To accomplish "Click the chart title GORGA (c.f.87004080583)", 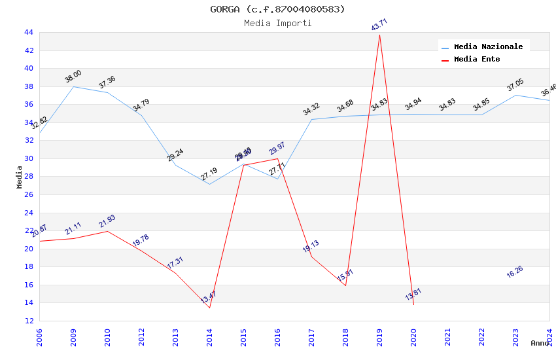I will click(x=277, y=9).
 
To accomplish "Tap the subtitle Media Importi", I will click(x=277, y=24).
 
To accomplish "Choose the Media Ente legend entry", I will click(x=476, y=60).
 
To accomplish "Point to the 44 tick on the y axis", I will click(x=28, y=32).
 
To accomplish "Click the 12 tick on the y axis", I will click(x=28, y=321).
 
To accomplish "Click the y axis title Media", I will click(x=20, y=177).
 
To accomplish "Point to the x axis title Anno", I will click(x=540, y=343).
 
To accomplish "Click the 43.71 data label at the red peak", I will click(x=379, y=25).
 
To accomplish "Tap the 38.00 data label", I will click(x=73, y=77).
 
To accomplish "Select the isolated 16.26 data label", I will click(x=515, y=272).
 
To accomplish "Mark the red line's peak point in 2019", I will click(x=379, y=35).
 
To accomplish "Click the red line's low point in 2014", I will click(x=209, y=308).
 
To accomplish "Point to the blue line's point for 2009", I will click(x=73, y=86).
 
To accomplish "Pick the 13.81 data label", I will click(x=413, y=295).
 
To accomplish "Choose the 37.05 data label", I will click(x=515, y=86).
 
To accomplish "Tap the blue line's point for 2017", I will click(x=311, y=119).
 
